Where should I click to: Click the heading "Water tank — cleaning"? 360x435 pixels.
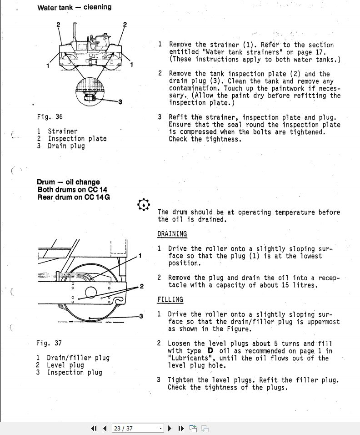[x=74, y=7]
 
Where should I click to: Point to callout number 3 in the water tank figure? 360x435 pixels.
[x=120, y=102]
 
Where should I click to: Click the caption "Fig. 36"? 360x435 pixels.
[x=50, y=117]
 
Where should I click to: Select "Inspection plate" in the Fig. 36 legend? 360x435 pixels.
[x=77, y=139]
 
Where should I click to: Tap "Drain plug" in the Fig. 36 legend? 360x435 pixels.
[x=66, y=146]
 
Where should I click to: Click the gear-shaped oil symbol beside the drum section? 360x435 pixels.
[x=143, y=205]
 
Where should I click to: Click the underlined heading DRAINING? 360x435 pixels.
[x=172, y=234]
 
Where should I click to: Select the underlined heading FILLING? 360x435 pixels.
[x=170, y=299]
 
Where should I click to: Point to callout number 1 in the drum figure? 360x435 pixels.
[x=140, y=256]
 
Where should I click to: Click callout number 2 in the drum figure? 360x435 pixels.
[x=142, y=286]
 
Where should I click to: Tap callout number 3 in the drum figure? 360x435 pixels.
[x=141, y=316]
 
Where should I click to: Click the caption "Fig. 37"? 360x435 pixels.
[x=49, y=343]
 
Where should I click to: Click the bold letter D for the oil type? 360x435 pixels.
[x=210, y=351]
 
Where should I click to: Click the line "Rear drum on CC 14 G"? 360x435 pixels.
[x=73, y=197]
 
